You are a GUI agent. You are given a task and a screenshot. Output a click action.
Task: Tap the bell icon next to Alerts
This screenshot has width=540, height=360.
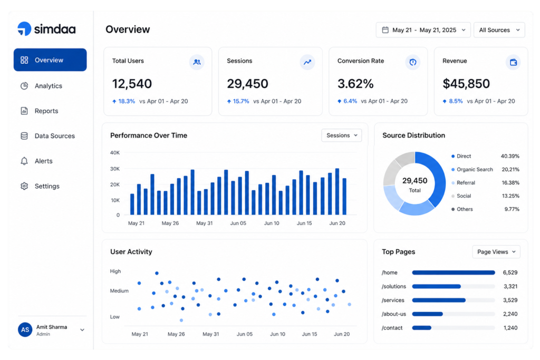pos(24,161)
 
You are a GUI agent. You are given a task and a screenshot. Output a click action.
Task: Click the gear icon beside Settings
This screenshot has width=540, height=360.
pos(24,186)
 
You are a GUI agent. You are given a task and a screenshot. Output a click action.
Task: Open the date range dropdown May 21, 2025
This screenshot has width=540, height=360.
pos(423,30)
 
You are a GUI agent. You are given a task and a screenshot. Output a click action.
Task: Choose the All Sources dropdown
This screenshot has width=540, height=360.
pos(499,30)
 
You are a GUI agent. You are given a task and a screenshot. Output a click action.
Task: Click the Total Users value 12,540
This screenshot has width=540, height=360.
pos(132,84)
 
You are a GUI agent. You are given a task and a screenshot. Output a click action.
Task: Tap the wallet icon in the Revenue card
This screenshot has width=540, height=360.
pos(513,62)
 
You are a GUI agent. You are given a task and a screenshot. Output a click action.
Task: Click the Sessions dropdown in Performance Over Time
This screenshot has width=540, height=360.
pos(342,135)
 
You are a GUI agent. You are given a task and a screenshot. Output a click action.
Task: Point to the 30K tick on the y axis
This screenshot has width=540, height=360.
pos(115,169)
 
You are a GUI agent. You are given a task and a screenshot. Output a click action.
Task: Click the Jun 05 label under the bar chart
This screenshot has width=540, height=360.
pos(238,223)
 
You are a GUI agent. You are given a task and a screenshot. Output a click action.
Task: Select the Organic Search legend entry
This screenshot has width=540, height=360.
pos(472,169)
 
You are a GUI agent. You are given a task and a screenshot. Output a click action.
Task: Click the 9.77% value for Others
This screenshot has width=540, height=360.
pos(512,209)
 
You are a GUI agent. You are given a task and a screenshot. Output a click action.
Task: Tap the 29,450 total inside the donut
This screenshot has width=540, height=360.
pos(414,181)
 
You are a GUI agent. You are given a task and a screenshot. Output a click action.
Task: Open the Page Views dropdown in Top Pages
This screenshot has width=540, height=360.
pos(496,252)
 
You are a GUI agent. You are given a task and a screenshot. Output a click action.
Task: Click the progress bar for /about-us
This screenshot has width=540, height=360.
pos(453,314)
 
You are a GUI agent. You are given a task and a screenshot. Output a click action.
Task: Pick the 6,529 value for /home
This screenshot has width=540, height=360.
pos(510,273)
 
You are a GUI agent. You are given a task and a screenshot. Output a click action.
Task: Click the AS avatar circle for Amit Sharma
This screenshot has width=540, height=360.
pos(25,330)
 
